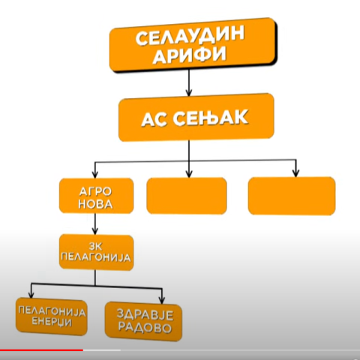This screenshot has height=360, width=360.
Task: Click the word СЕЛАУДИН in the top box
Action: [190, 37]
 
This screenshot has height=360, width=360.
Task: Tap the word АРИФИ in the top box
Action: [190, 55]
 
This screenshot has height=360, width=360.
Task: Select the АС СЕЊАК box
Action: [196, 117]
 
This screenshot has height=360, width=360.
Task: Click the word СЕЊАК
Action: [211, 118]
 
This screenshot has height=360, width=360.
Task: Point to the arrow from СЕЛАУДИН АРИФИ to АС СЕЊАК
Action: [189, 82]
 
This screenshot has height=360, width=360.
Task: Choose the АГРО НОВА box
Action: [96, 196]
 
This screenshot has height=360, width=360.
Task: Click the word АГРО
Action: [95, 191]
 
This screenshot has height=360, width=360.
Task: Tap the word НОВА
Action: [95, 204]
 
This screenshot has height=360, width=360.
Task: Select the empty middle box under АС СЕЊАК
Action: [187, 196]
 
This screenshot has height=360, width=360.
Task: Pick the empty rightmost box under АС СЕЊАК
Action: [292, 196]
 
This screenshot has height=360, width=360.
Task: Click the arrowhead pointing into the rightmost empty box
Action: [296, 173]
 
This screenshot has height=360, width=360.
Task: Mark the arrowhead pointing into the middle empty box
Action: [189, 173]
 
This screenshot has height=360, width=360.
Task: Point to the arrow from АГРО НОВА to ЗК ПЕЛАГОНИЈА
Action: [95, 224]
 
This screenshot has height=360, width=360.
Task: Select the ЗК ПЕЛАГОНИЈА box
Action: [96, 252]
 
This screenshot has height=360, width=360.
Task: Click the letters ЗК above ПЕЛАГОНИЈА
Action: [95, 247]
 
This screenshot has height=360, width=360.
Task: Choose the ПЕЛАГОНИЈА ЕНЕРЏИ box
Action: [52, 316]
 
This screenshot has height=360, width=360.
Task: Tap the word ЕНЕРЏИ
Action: [52, 322]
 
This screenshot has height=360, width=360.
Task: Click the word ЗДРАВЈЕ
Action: [145, 315]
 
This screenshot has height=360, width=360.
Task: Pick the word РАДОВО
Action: [145, 328]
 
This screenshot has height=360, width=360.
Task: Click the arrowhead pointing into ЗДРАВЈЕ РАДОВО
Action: [162, 300]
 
